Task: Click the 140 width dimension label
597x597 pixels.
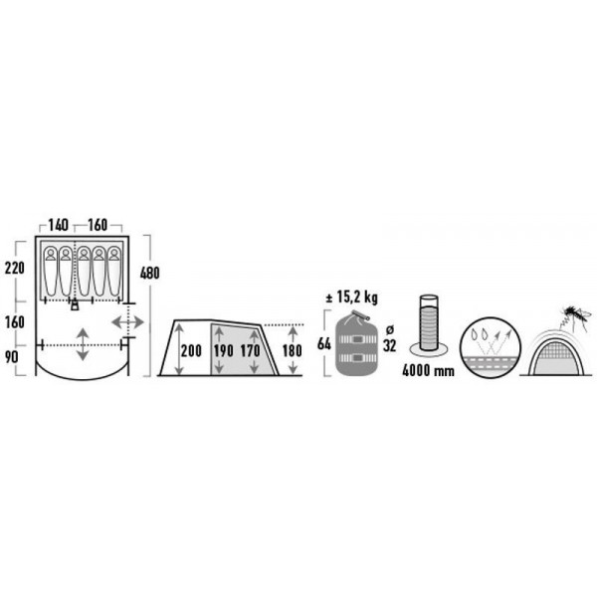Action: (59, 225)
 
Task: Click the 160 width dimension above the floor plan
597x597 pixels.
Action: (98, 225)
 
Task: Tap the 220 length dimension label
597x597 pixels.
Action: (15, 268)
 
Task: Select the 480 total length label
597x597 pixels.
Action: (149, 273)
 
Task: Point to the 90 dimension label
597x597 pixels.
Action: (11, 357)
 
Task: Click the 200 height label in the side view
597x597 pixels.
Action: (191, 350)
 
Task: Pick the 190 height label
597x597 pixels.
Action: (223, 350)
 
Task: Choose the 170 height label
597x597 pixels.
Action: (250, 350)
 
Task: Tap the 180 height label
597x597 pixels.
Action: (292, 350)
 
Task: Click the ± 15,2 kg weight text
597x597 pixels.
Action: (352, 298)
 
